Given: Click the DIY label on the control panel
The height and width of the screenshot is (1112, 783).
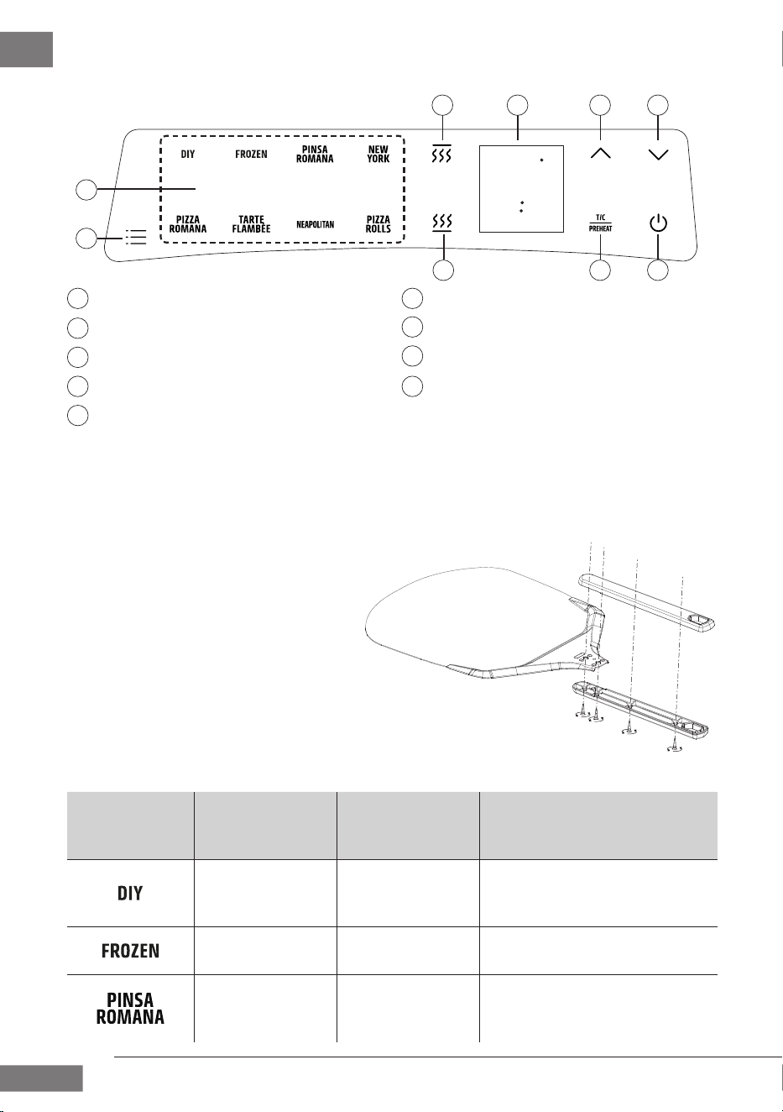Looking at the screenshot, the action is click(187, 155).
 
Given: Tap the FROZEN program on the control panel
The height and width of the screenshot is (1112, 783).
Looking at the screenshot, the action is click(251, 155).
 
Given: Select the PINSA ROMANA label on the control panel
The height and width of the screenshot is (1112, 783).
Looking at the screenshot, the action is click(315, 155).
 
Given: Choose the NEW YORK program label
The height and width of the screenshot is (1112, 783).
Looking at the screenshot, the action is click(378, 155).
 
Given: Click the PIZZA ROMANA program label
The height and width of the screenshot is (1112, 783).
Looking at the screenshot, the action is click(187, 224).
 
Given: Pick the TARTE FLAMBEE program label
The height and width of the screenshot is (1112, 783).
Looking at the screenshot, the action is click(251, 224).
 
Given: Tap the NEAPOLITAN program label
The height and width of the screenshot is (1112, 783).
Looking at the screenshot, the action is click(315, 225).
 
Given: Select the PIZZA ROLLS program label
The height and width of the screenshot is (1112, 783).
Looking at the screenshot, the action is click(378, 224).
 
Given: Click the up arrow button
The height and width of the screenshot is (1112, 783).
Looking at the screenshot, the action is click(600, 154).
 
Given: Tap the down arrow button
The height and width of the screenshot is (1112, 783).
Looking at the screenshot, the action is click(658, 155).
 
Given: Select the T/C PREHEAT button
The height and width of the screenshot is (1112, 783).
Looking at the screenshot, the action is click(600, 223).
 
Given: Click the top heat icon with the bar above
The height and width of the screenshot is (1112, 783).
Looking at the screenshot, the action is click(441, 154).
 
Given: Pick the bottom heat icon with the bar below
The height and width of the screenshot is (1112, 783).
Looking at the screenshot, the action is click(441, 223).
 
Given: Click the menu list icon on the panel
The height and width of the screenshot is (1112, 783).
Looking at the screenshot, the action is click(136, 237).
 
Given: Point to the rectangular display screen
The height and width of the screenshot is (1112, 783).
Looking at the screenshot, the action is click(521, 189).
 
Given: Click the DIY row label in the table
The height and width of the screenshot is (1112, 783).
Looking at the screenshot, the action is click(130, 893).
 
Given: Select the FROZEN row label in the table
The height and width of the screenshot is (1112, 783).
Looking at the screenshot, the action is click(130, 951).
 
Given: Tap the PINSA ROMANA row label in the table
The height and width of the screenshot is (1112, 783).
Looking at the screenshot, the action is click(130, 1008).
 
